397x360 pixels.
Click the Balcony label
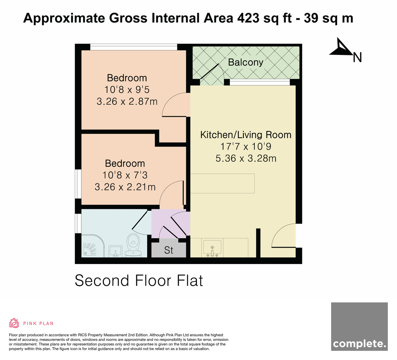click(245, 63)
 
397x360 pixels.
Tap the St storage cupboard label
click(169, 250)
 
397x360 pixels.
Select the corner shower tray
click(93, 246)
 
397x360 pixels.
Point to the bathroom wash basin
click(115, 251)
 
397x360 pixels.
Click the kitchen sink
click(212, 247)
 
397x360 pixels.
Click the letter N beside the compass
click(357, 58)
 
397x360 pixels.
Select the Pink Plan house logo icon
click(14, 323)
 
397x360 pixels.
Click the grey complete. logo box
click(359, 326)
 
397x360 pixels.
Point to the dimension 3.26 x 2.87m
click(127, 102)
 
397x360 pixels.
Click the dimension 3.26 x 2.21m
click(125, 187)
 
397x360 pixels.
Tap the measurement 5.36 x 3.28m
click(246, 158)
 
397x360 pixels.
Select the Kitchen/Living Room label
click(246, 135)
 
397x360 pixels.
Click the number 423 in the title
click(248, 18)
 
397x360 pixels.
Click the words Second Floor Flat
click(139, 281)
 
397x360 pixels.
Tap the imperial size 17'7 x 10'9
click(246, 147)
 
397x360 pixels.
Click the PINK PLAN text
click(38, 324)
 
